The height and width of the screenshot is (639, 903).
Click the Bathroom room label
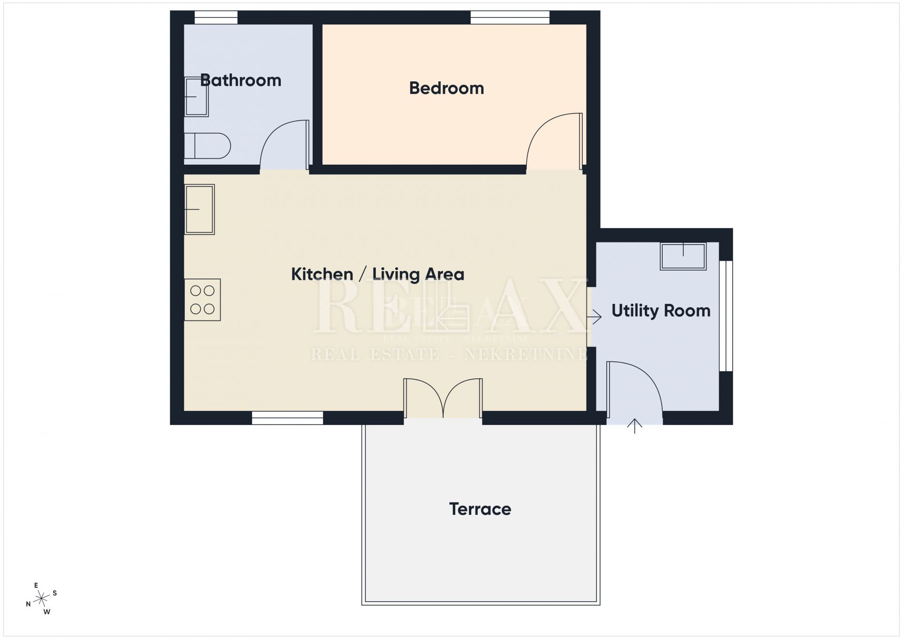tap(241, 80)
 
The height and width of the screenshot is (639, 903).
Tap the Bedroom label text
tap(446, 88)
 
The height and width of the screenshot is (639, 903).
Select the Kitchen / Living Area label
tap(378, 274)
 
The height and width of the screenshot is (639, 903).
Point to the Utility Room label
tap(661, 311)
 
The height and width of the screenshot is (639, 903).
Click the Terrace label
tap(480, 509)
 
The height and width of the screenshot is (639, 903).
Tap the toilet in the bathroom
tap(207, 146)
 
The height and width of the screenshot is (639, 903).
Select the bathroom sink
tap(196, 96)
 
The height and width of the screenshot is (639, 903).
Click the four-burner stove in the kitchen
tap(202, 300)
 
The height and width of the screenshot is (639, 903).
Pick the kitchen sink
tap(199, 209)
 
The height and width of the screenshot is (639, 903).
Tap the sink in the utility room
tap(683, 256)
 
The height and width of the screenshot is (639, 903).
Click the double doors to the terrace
tap(443, 398)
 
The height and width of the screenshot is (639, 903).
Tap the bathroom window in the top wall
tap(216, 17)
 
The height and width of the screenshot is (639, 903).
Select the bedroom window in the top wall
tap(510, 17)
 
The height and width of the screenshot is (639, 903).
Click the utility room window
tap(726, 316)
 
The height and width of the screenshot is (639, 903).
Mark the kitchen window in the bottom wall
tap(287, 418)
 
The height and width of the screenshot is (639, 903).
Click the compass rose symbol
tap(42, 599)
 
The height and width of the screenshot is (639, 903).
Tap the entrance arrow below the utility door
tap(635, 426)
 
